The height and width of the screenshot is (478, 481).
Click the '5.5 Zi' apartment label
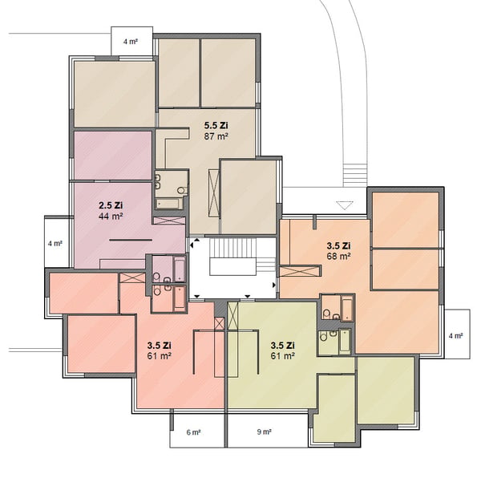click(216, 125)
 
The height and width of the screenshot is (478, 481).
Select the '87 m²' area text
click(216, 136)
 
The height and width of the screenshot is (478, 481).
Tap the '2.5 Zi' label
click(111, 205)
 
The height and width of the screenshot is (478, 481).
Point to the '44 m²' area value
click(111, 216)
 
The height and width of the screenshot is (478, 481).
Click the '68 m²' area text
click(338, 256)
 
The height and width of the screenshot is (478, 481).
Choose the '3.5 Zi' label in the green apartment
click(282, 346)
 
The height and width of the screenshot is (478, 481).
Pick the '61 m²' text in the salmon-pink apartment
click(159, 356)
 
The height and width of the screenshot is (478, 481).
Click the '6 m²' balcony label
click(193, 432)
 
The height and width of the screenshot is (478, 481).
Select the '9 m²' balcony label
click(264, 432)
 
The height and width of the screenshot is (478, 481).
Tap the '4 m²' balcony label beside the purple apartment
click(55, 244)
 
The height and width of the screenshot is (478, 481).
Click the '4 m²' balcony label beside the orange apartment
click(455, 336)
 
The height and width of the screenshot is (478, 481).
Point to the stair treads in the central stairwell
click(232, 248)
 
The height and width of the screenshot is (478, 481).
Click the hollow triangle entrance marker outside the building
click(345, 205)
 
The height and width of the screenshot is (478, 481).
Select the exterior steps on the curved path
click(355, 175)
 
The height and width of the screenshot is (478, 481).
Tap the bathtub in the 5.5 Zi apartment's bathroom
click(168, 203)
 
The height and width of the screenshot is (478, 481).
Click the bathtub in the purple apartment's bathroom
click(180, 269)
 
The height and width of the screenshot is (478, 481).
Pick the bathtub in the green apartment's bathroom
click(344, 341)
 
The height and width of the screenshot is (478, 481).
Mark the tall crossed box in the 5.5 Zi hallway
click(213, 192)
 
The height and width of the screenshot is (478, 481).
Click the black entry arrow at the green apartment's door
click(247, 297)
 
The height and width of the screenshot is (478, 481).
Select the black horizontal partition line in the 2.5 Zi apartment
click(131, 240)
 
